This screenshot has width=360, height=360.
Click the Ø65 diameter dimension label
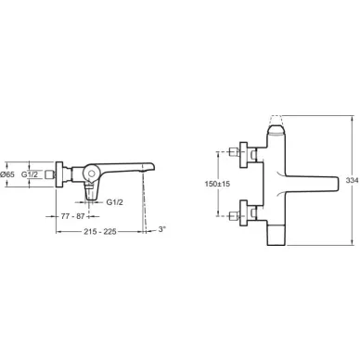(x=7, y=174)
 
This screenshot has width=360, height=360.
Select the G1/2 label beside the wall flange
(x=30, y=174)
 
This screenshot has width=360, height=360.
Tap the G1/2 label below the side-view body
(x=114, y=202)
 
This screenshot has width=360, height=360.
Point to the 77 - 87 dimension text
(x=72, y=216)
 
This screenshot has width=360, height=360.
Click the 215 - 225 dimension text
(x=100, y=232)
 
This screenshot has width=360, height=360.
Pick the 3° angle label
(x=162, y=229)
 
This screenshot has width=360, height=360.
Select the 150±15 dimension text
(x=217, y=184)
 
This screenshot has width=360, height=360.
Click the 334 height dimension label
(x=353, y=180)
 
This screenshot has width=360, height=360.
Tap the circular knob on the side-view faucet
(x=91, y=174)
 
